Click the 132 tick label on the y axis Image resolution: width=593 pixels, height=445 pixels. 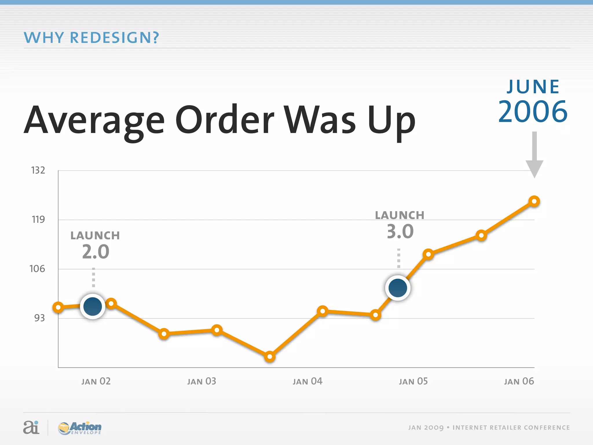(38, 170)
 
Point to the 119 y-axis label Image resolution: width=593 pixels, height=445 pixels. (38, 220)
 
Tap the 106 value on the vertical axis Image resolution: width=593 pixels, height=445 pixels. (37, 269)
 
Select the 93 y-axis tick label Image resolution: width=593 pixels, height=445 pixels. (39, 318)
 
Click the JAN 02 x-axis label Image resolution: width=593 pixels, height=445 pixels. (96, 381)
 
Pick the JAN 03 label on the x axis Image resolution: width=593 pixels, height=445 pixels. (202, 381)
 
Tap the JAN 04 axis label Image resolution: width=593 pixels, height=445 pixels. (307, 381)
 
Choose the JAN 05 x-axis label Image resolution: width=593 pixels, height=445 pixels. (413, 381)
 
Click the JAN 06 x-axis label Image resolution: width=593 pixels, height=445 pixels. (519, 381)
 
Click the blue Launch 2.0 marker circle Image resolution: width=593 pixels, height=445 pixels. (92, 306)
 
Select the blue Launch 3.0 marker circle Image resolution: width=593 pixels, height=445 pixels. (398, 288)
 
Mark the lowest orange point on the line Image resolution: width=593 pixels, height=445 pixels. (270, 356)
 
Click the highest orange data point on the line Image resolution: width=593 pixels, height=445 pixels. (534, 201)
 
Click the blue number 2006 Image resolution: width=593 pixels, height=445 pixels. (533, 112)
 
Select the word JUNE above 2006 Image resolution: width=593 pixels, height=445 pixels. (533, 87)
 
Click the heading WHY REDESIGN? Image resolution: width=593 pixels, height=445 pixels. (91, 38)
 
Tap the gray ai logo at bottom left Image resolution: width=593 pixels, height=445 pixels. (31, 427)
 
